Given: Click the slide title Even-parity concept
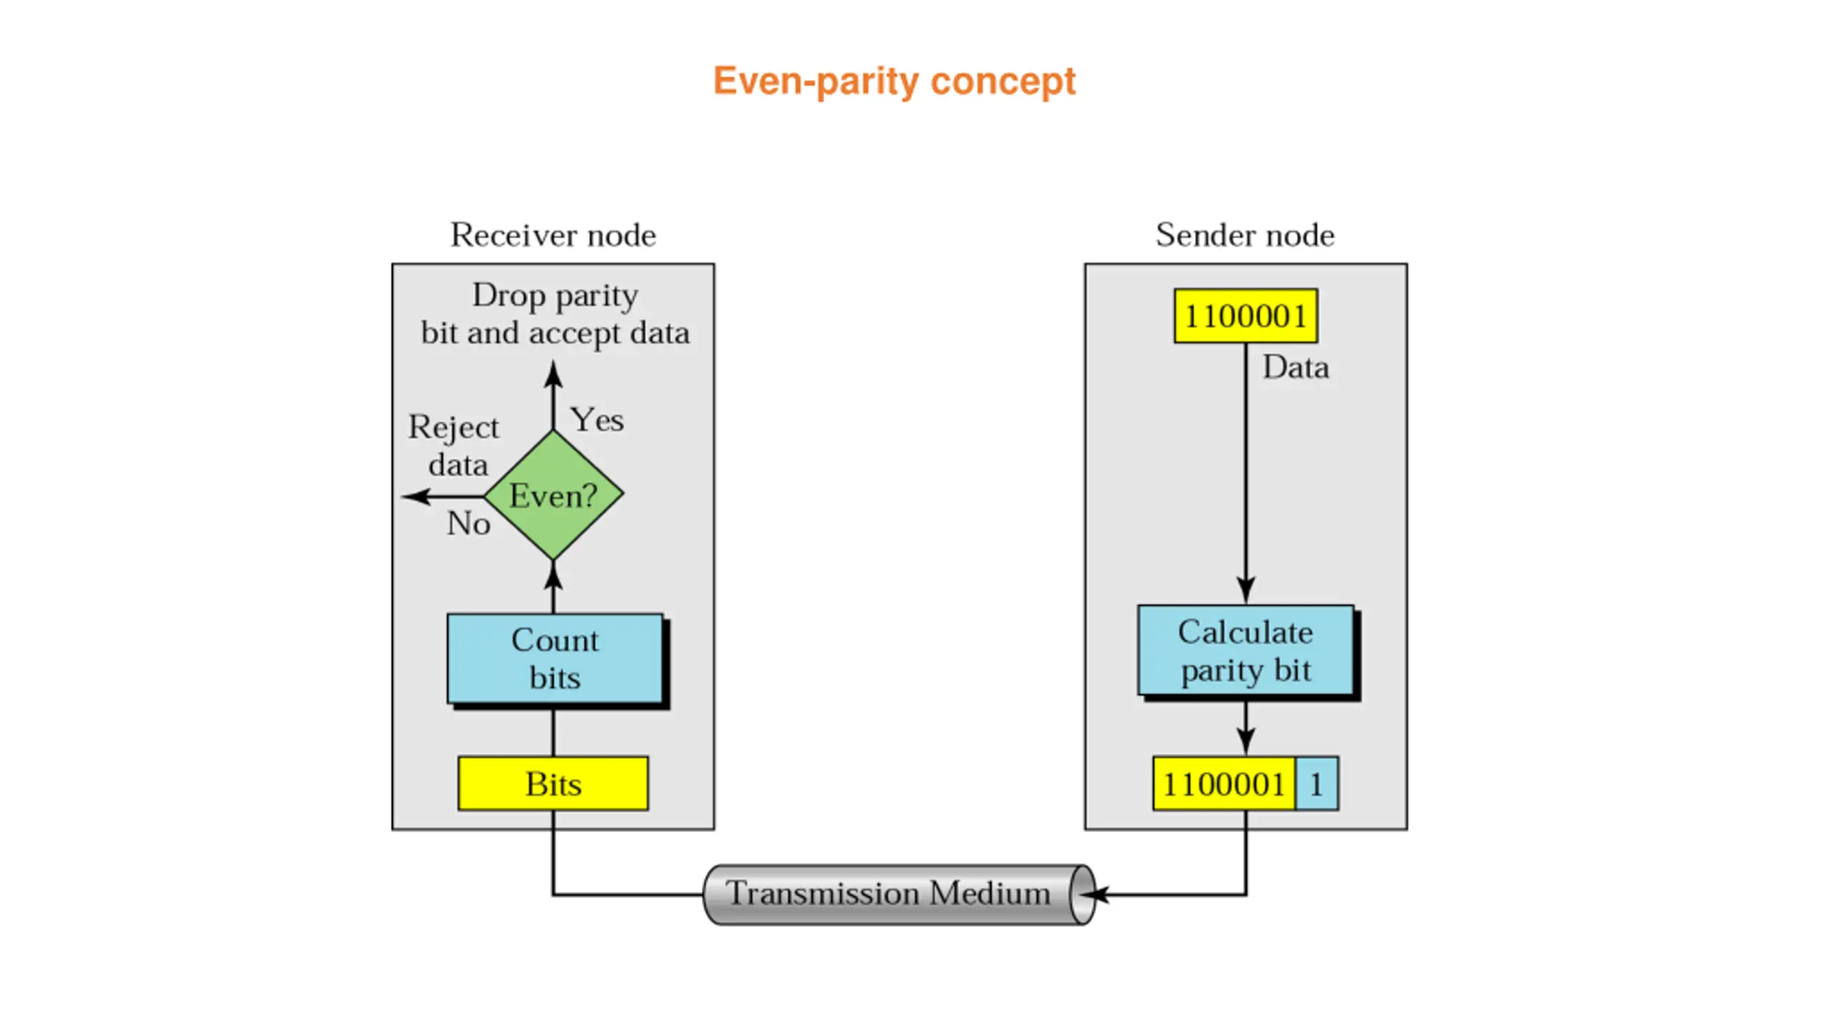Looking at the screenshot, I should pyautogui.click(x=894, y=81).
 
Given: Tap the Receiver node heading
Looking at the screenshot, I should pyautogui.click(x=553, y=235).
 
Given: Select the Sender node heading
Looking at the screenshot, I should pyautogui.click(x=1245, y=235).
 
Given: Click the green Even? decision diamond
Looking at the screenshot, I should pyautogui.click(x=553, y=495).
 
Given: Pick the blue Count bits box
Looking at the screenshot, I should pyautogui.click(x=555, y=658).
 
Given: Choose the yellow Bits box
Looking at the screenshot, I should pyautogui.click(x=553, y=784).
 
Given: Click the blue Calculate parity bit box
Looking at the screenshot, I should pyautogui.click(x=1245, y=650).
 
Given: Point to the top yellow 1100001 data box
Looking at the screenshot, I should pyautogui.click(x=1245, y=316).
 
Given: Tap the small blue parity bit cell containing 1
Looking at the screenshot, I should pyautogui.click(x=1316, y=784).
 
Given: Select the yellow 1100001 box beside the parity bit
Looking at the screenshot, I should pyautogui.click(x=1223, y=784).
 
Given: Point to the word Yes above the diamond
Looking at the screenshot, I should pyautogui.click(x=597, y=420).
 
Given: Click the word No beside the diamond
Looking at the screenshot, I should pyautogui.click(x=468, y=524).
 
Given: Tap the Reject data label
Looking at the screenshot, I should pyautogui.click(x=455, y=446).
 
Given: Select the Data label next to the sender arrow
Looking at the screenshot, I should pyautogui.click(x=1295, y=368).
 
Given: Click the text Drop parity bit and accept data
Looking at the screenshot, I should pyautogui.click(x=555, y=314).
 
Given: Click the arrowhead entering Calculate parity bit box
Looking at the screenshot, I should pyautogui.click(x=1245, y=592).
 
